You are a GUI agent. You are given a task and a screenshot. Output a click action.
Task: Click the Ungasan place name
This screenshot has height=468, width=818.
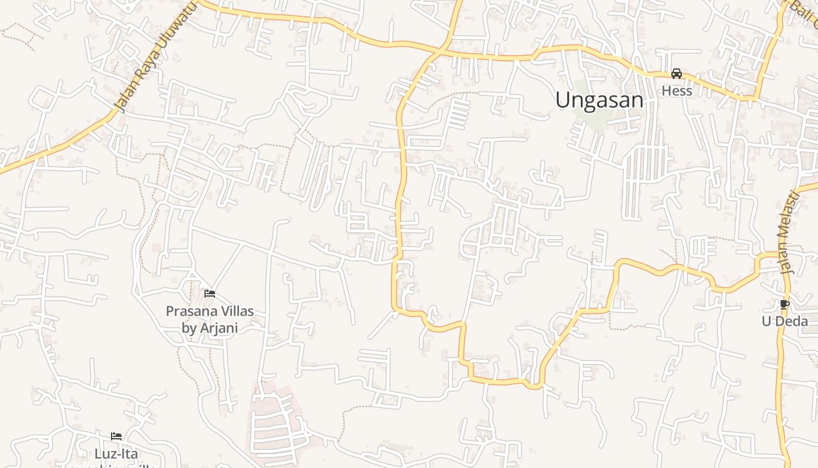599,100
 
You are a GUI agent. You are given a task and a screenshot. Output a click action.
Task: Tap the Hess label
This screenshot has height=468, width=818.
677,91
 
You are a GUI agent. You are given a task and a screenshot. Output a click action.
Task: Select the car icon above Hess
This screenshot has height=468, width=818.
677,74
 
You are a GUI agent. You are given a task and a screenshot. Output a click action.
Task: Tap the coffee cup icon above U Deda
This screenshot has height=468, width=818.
784,304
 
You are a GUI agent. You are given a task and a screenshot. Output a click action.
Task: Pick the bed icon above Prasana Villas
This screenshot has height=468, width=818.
210,293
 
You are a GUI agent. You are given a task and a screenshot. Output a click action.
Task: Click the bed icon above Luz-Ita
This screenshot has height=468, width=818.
116,436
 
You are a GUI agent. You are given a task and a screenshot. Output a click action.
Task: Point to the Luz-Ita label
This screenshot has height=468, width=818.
116,453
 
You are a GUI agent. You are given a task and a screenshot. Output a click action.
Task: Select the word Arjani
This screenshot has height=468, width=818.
219,328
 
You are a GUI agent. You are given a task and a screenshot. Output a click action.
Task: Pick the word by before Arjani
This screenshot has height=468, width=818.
189,328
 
